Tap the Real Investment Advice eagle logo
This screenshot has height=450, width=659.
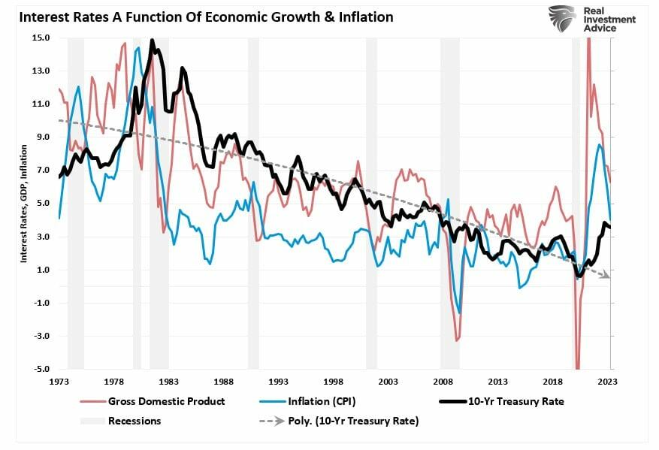point(561,18)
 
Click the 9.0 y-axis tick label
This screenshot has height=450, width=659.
point(42,137)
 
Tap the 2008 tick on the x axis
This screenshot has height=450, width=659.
point(443,382)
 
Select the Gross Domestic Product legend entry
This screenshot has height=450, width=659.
point(166,401)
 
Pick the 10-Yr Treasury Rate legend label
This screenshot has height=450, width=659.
point(514,401)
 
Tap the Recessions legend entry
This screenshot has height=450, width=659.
point(135,421)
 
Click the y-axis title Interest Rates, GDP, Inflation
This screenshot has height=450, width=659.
point(23,203)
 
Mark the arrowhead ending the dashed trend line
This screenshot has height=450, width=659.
point(606,277)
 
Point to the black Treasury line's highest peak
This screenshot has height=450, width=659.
point(153,41)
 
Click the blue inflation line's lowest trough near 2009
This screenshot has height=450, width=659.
point(459,313)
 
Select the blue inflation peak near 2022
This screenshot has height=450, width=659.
point(599,144)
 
